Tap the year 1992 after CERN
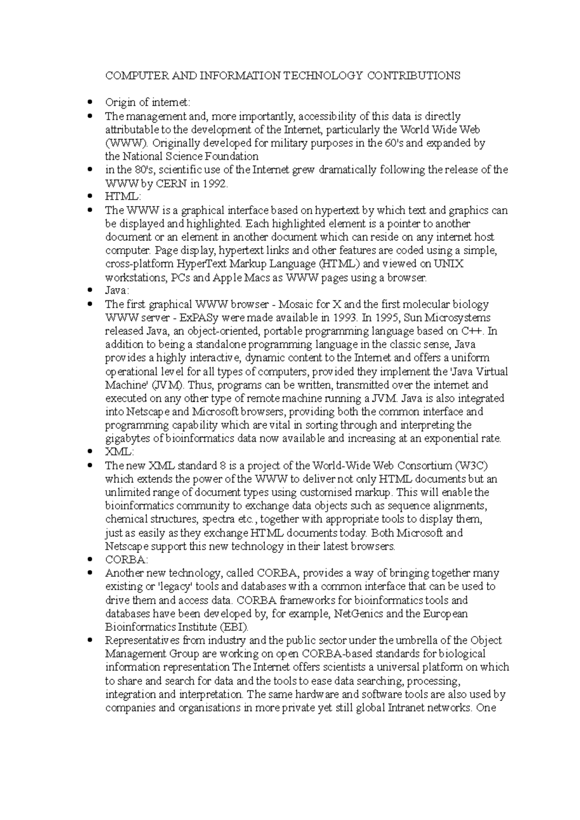(x=213, y=184)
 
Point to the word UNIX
(x=448, y=264)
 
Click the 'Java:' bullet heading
(x=116, y=291)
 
